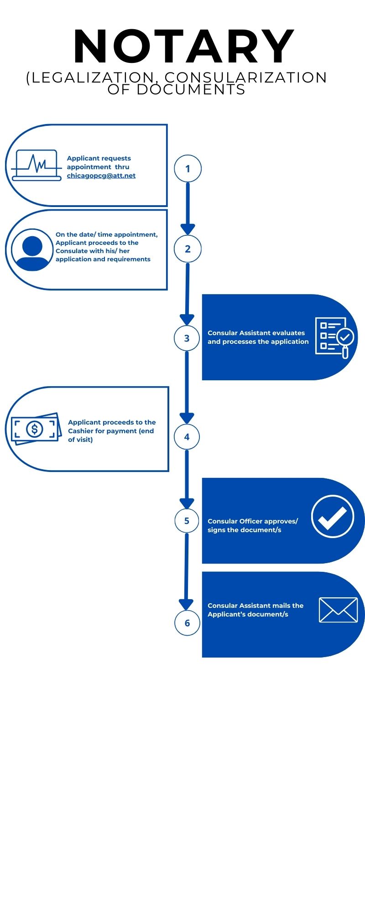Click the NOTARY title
point(184,46)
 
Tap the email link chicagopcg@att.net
point(101,176)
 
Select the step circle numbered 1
point(188,169)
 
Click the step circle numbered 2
point(188,249)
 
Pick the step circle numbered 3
point(187,338)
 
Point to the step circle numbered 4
point(187,437)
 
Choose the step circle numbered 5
point(187,521)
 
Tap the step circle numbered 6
point(187,623)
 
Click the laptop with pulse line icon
point(37,165)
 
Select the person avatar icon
point(32,249)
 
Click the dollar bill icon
point(36,429)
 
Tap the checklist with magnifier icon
point(334,337)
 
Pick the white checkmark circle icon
point(332,516)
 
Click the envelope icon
point(338,610)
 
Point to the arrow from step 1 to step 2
point(188,207)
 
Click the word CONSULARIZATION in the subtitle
point(245,78)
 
